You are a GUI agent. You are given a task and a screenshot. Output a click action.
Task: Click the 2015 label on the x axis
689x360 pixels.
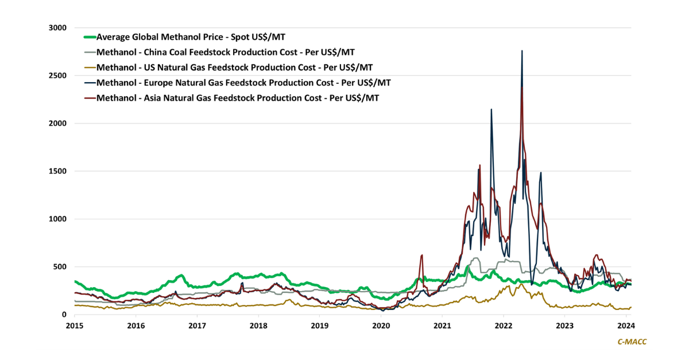coord(74,325)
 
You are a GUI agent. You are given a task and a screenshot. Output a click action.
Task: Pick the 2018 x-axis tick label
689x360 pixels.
coord(258,325)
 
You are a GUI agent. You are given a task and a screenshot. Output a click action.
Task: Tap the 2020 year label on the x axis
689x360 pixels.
coord(381,325)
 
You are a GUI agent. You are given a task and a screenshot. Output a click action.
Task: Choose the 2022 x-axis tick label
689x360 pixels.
coord(504,325)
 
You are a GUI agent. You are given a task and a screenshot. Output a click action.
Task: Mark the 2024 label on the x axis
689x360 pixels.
coord(626,325)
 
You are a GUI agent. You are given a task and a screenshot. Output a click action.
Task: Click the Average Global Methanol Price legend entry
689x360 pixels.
coord(191,37)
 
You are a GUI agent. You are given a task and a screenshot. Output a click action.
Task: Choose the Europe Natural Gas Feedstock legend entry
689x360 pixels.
coord(244,83)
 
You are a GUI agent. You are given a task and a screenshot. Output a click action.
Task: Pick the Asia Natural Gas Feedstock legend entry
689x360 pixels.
coord(238,98)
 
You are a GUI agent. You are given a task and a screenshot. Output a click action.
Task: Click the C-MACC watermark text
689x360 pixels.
coord(632,342)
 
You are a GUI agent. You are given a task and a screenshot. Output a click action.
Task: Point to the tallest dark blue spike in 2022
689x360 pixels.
coord(521,51)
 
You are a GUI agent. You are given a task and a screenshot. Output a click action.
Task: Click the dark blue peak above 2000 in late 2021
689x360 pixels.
coord(491,110)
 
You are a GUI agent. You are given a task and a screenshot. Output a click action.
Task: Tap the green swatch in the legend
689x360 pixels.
coord(89,37)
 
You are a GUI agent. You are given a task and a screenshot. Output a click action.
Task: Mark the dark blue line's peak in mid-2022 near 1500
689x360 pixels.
coord(540,173)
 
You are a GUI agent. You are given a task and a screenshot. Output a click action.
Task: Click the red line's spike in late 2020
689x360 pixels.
coord(422,256)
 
